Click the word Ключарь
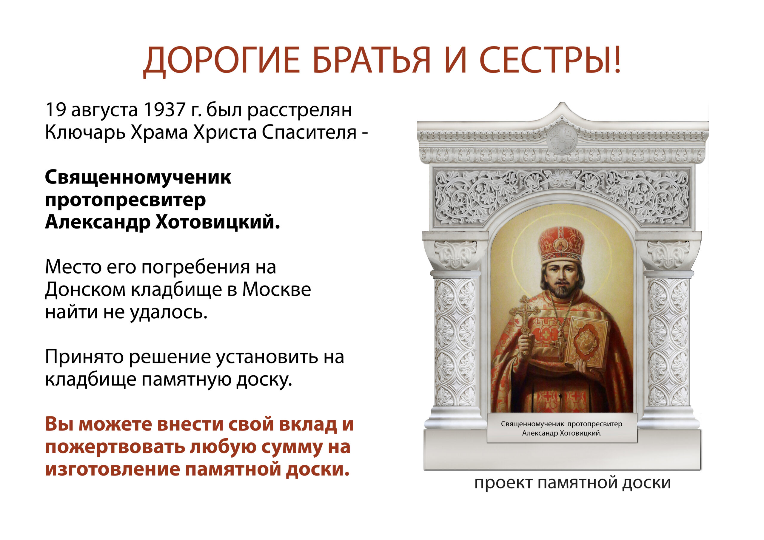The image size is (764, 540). pyautogui.click(x=85, y=132)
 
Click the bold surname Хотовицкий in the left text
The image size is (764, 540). pyautogui.click(x=218, y=222)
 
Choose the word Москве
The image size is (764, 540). pyautogui.click(x=276, y=289)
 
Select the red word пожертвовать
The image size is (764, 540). pyautogui.click(x=115, y=447)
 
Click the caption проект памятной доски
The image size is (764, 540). pyautogui.click(x=572, y=483)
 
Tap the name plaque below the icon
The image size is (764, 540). pyautogui.click(x=562, y=428)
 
